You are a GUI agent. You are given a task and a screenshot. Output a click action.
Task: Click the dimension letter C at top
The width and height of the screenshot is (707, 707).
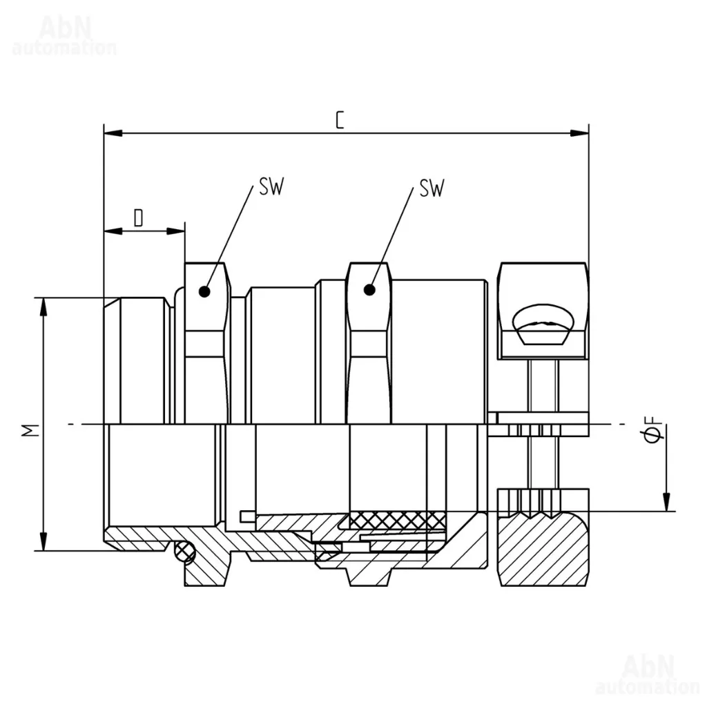[340, 120]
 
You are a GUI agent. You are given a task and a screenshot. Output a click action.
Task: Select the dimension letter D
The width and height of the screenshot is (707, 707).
[138, 217]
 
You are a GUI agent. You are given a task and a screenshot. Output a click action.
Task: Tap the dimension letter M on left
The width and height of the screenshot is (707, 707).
[30, 431]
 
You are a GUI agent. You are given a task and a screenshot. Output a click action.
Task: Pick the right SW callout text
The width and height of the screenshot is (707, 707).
[432, 188]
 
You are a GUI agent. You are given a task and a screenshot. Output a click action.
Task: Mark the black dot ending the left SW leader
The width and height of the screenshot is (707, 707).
[204, 292]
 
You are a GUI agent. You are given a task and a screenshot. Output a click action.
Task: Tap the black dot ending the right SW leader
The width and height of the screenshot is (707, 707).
[369, 289]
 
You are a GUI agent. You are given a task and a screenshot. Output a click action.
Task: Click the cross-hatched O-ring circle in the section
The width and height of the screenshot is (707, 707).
[184, 551]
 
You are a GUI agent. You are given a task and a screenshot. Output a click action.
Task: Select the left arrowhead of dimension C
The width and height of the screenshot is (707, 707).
[113, 133]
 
